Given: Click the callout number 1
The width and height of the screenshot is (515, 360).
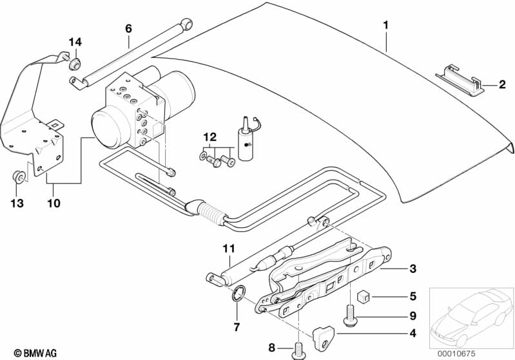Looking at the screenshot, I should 385,26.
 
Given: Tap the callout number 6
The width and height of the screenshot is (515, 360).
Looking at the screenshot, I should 128,28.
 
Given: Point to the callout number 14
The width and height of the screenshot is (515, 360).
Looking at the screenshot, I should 75,43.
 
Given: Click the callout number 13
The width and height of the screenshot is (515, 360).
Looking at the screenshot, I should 17,204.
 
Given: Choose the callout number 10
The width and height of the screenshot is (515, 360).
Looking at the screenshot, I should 53,204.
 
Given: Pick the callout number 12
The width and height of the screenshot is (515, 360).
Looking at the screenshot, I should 208,137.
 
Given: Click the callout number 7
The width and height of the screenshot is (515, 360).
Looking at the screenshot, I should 237,328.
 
